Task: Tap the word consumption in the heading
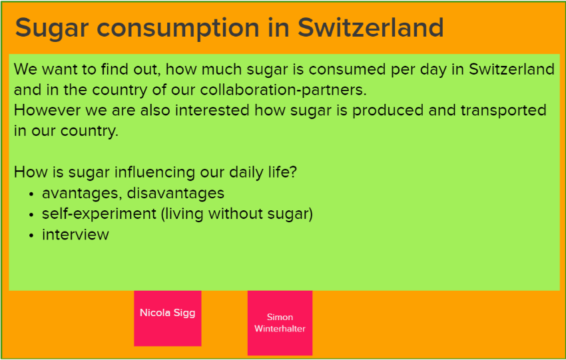click(x=178, y=29)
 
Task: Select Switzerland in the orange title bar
click(x=371, y=27)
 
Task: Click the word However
click(x=47, y=110)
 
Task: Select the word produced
click(x=388, y=110)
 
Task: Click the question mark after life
click(x=293, y=172)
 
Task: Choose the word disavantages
click(x=175, y=194)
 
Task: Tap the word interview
click(x=75, y=234)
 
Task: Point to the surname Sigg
click(x=184, y=313)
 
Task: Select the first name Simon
click(x=280, y=317)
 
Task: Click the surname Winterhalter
click(x=280, y=329)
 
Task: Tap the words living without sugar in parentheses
click(x=237, y=214)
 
